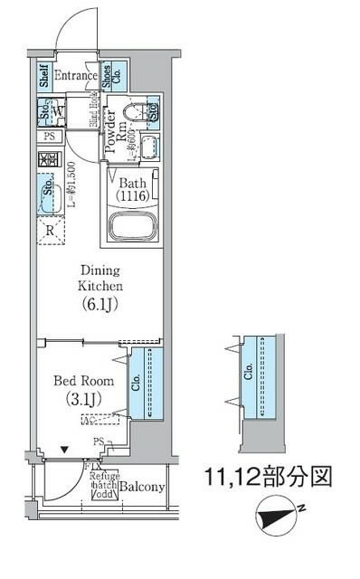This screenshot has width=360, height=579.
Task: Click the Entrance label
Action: click(x=74, y=76)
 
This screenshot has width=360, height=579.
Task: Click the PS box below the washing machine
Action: click(x=48, y=137)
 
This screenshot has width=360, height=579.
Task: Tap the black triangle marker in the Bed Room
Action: click(x=63, y=448)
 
